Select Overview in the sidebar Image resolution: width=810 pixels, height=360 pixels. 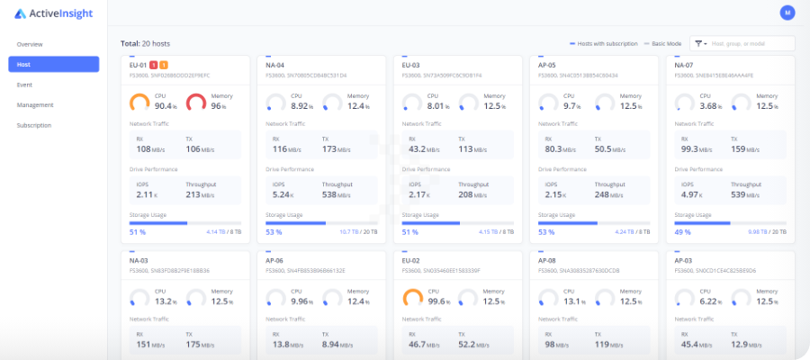(30, 44)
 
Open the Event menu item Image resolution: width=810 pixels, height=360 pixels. (24, 85)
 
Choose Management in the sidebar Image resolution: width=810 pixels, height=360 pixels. (35, 105)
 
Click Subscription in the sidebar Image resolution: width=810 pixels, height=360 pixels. (34, 125)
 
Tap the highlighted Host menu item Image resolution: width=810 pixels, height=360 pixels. (54, 65)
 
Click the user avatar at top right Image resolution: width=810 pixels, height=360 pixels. (787, 13)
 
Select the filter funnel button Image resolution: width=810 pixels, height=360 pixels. (699, 43)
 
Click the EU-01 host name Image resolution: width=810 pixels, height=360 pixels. (138, 65)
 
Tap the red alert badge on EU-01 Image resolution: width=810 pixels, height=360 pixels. (154, 65)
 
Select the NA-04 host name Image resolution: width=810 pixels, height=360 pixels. (275, 65)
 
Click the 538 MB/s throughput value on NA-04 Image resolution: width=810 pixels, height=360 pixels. (337, 194)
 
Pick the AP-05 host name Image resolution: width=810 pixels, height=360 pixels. (547, 65)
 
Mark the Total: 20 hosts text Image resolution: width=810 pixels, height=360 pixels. (145, 43)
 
